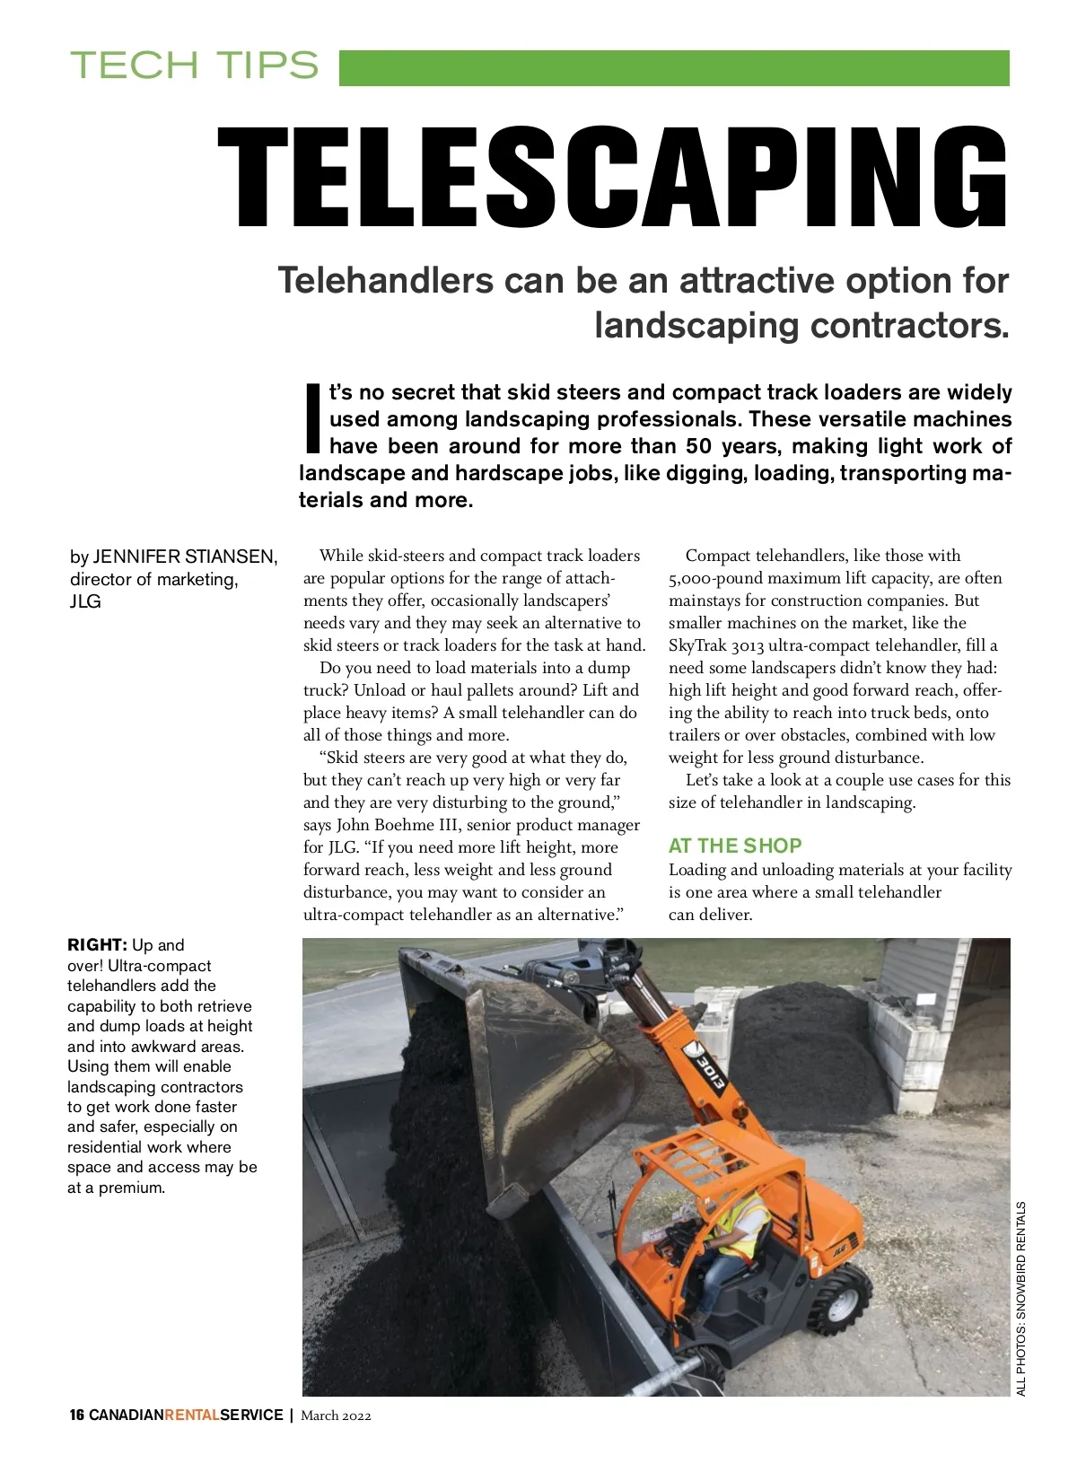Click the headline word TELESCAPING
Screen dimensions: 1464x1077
click(613, 177)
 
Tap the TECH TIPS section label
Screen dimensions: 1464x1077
click(195, 66)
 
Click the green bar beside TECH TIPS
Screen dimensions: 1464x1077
click(673, 68)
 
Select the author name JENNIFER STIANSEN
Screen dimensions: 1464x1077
click(185, 557)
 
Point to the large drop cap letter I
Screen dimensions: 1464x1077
click(311, 418)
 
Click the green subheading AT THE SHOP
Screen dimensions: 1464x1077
click(735, 846)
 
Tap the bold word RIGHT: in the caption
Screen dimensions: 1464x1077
click(97, 945)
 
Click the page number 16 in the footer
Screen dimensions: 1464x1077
click(77, 1416)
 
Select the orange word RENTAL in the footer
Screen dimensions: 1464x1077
click(192, 1416)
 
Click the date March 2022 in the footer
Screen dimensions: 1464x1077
click(336, 1416)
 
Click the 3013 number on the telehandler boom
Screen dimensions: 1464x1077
click(712, 1073)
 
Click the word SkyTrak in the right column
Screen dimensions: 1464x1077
click(697, 645)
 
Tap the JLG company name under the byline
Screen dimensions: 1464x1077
click(85, 601)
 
